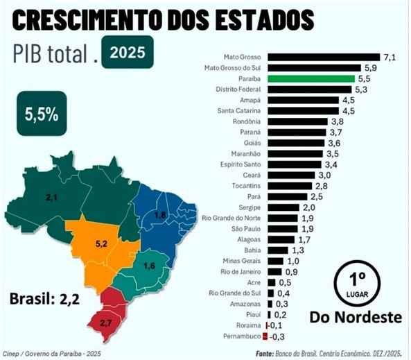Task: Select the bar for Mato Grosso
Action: [x=323, y=57]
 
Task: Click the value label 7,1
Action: [x=390, y=57]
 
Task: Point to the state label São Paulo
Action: [x=245, y=229]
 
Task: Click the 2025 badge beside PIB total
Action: [x=127, y=52]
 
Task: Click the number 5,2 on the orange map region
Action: [x=100, y=244]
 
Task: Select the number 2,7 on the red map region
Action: [x=106, y=323]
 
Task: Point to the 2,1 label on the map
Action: [x=51, y=198]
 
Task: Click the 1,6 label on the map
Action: [x=148, y=266]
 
